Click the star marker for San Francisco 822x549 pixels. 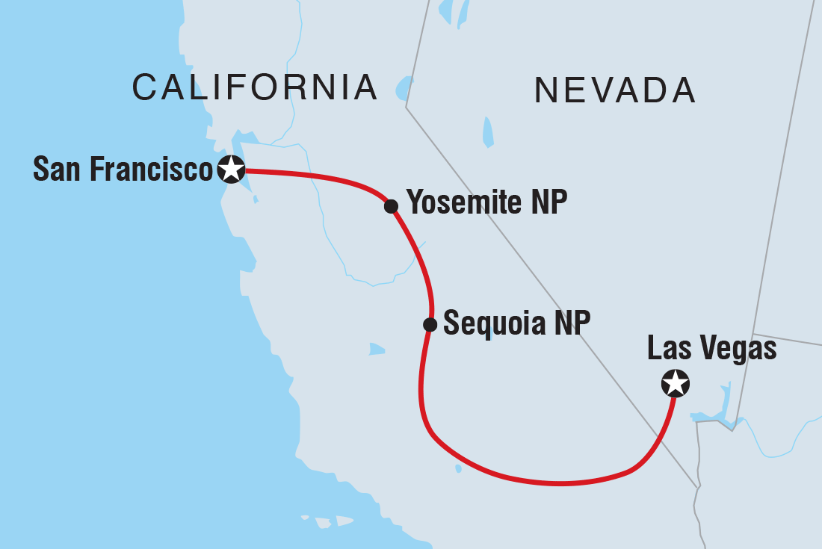point(231,170)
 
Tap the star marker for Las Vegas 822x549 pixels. point(676,384)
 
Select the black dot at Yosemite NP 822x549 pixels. point(391,206)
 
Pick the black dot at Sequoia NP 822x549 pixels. point(430,324)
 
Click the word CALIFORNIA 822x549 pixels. point(255,88)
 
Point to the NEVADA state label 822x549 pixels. point(615,91)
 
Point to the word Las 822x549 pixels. point(666,349)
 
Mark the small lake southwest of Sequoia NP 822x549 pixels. point(377,349)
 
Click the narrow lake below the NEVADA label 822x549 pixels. point(489,131)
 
